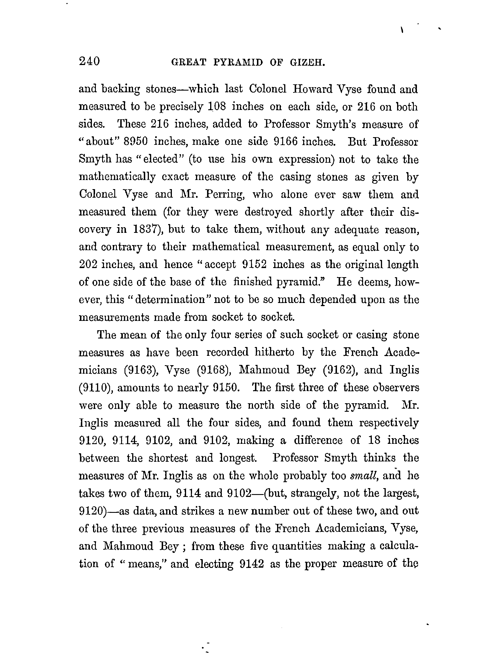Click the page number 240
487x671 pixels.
(x=89, y=61)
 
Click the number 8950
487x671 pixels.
(x=135, y=141)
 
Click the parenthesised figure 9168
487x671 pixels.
(x=214, y=370)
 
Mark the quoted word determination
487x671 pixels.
(x=170, y=300)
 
